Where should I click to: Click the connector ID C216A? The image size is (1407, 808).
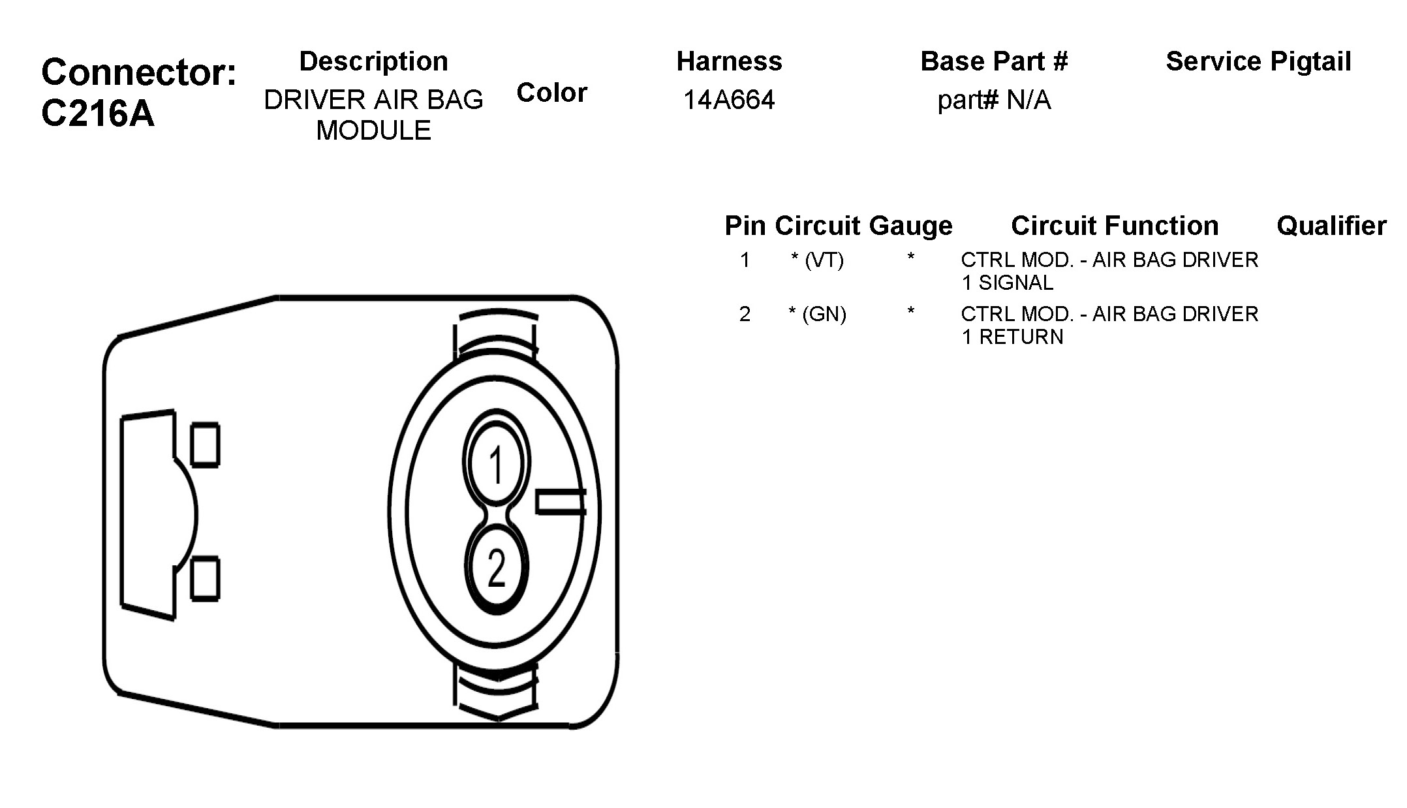[98, 114]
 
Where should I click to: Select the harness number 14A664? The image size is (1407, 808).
[729, 100]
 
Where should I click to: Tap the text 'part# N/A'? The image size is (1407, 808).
[994, 101]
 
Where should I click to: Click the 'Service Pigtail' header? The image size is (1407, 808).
[1258, 61]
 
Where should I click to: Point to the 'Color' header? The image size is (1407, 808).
[552, 93]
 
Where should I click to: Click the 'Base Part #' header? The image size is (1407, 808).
[994, 61]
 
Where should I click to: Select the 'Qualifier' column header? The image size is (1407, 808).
[1331, 226]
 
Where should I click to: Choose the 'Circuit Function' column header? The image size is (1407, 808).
[1115, 226]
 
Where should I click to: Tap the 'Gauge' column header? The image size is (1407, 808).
[911, 226]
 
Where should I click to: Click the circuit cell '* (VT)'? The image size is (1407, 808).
[818, 260]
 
